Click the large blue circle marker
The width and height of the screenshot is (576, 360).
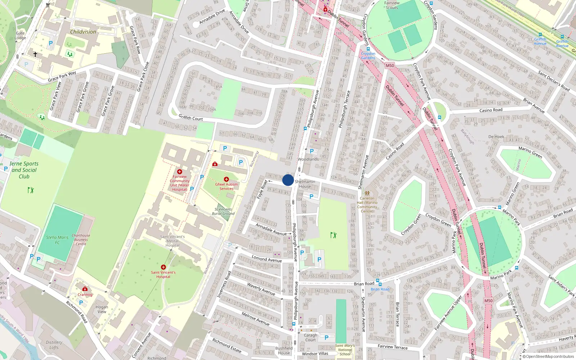(x=288, y=180)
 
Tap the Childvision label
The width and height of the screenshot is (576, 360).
(x=83, y=32)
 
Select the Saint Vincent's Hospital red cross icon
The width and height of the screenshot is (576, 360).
(x=163, y=267)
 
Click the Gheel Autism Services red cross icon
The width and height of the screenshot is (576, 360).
(x=226, y=179)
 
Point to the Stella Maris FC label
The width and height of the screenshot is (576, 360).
(x=57, y=240)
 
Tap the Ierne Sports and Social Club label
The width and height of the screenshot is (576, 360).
(x=24, y=170)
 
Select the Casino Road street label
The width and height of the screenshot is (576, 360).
(x=491, y=110)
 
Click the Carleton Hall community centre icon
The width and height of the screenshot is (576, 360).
(x=367, y=193)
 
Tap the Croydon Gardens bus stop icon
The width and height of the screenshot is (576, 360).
(x=368, y=49)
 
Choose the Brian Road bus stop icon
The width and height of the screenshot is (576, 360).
(x=378, y=280)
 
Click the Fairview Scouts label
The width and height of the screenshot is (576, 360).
(x=392, y=5)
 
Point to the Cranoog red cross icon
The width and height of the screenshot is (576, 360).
(x=85, y=289)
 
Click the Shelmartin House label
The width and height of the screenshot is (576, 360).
(x=305, y=184)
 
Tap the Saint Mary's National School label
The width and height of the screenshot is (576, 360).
(x=345, y=350)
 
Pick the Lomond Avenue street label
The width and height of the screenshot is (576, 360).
(x=267, y=258)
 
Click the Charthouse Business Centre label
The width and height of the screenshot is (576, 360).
(x=81, y=240)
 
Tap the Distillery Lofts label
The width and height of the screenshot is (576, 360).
(x=54, y=345)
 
